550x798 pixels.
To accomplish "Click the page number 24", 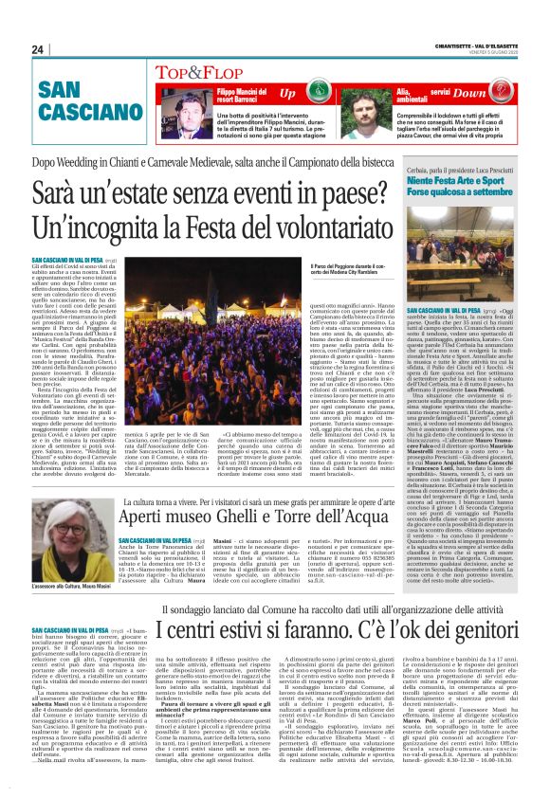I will pos(38,49).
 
